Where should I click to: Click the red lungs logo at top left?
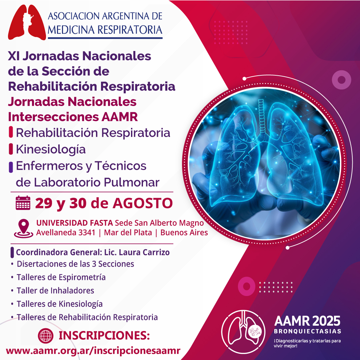pyautogui.click(x=27, y=23)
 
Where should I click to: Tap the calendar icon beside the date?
pyautogui.click(x=23, y=203)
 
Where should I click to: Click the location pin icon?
pyautogui.click(x=24, y=228)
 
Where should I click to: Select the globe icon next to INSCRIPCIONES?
pyautogui.click(x=46, y=336)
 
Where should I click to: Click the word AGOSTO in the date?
pyautogui.click(x=143, y=203)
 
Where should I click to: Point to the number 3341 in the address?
pyautogui.click(x=87, y=233)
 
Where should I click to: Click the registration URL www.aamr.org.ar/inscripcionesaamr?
pyautogui.click(x=93, y=351)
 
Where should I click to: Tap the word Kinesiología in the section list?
pyautogui.click(x=51, y=149)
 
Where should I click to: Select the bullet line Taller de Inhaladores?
pyautogui.click(x=55, y=290)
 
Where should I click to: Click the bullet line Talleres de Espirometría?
pyautogui.click(x=61, y=277)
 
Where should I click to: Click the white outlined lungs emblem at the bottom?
pyautogui.click(x=243, y=331)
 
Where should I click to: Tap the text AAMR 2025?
pyautogui.click(x=307, y=321)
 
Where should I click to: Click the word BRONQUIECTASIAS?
pyautogui.click(x=307, y=331)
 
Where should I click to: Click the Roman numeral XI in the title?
pyautogui.click(x=14, y=56)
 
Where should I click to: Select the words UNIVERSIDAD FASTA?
pyautogui.click(x=75, y=223)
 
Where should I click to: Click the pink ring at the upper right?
pyautogui.click(x=342, y=80)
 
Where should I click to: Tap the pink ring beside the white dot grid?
pyautogui.click(x=247, y=286)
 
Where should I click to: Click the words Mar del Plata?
pyautogui.click(x=128, y=233)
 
